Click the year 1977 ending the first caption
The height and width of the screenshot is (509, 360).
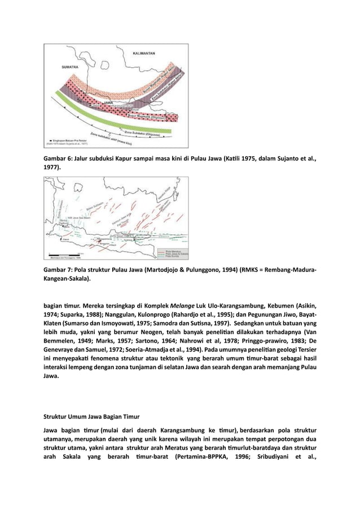[x=52, y=168]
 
